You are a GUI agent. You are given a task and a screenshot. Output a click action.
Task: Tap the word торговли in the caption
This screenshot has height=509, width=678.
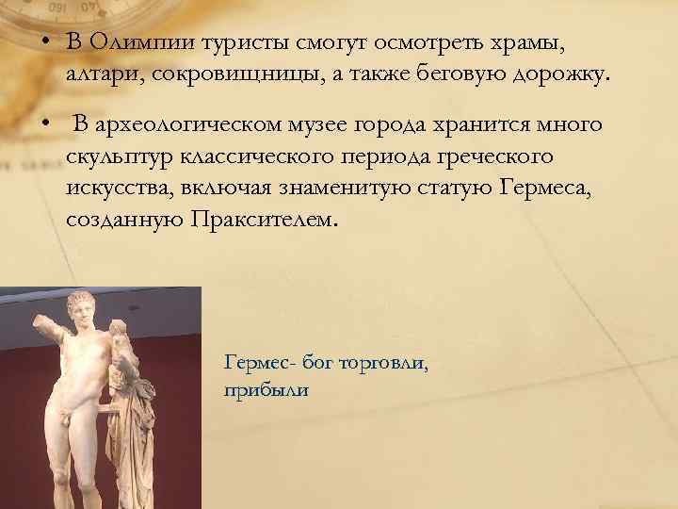point(384,362)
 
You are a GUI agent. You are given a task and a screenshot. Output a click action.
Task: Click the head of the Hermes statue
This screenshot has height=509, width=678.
point(88,307)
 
